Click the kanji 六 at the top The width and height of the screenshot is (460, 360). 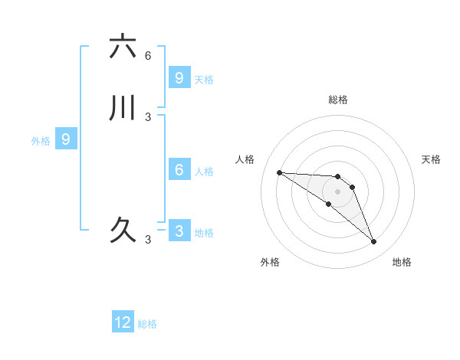click(x=123, y=47)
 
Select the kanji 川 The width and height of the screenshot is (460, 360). click(x=123, y=107)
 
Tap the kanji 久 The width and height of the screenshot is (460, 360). click(x=123, y=229)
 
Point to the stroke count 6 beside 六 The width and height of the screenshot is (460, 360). click(x=148, y=56)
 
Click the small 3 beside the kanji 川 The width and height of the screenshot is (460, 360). click(x=148, y=117)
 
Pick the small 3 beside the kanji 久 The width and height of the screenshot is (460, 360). click(x=148, y=240)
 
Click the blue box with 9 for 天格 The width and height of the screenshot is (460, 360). click(x=179, y=77)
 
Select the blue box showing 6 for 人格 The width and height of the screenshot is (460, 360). click(x=179, y=170)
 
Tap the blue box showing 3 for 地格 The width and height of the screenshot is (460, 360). click(x=179, y=231)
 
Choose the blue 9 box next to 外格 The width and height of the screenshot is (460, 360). click(x=66, y=139)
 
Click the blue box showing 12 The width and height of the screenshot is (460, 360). click(x=123, y=322)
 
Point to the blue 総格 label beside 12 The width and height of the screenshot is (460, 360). click(x=147, y=324)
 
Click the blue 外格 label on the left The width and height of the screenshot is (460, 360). click(x=41, y=141)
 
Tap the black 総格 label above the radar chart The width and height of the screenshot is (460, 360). click(x=338, y=100)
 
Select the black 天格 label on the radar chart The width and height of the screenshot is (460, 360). click(x=431, y=159)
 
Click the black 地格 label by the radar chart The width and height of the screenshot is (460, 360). click(x=402, y=262)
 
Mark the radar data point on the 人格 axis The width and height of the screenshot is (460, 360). click(x=279, y=172)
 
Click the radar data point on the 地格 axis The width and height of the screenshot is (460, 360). click(x=373, y=242)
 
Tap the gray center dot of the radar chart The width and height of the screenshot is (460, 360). click(x=337, y=191)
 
